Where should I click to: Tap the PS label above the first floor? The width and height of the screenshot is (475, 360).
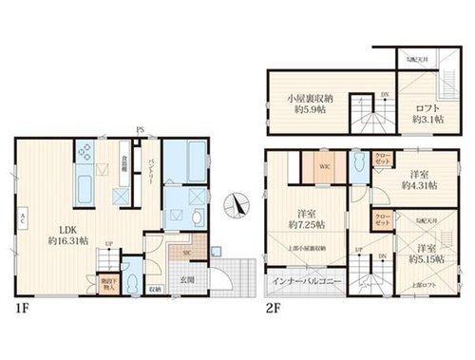tap(139, 129)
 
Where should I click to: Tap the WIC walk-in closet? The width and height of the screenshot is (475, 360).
tap(324, 167)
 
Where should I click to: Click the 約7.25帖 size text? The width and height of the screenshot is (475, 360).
tap(306, 225)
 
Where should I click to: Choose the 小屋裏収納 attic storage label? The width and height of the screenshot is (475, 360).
tap(308, 96)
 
